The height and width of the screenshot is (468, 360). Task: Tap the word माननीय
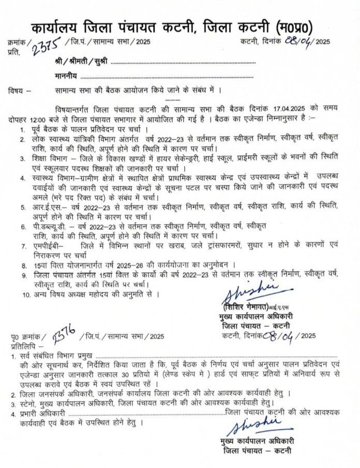coord(67,77)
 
